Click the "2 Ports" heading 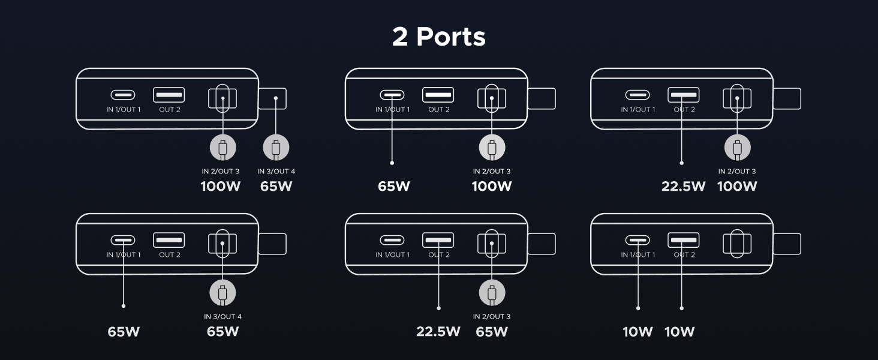pos(438,37)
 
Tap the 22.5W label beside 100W pos(683,186)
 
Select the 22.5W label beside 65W pos(438,331)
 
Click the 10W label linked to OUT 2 pos(679,331)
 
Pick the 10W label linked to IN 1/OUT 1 pos(638,331)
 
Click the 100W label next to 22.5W pos(737,186)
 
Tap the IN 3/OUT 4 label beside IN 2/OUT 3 pos(276,171)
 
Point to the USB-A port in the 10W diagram pos(683,240)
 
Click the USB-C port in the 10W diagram pos(638,240)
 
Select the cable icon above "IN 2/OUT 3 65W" pos(492,293)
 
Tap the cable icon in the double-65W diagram pos(222,293)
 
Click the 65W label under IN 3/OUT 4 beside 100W pos(276,186)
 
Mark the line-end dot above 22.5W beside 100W pos(682,163)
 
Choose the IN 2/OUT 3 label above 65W pos(492,316)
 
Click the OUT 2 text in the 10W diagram pos(684,255)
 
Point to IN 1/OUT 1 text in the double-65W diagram pos(123,255)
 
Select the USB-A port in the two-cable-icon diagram pos(169,95)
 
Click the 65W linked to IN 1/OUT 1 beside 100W pos(393,186)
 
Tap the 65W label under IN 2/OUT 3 pos(492,331)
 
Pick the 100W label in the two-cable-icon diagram pos(220,186)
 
